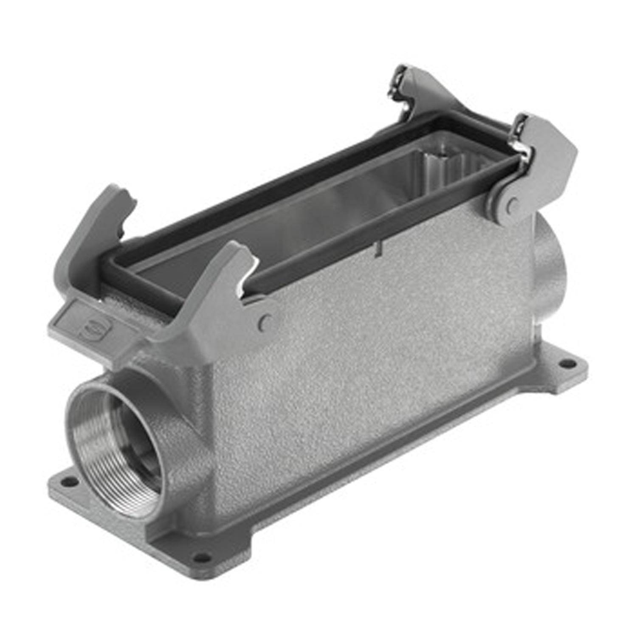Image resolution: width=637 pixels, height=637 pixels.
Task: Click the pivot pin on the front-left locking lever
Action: click(x=266, y=321)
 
